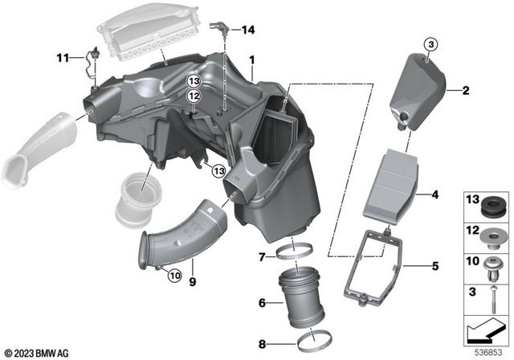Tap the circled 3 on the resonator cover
pyautogui.click(x=429, y=43)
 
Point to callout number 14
pyautogui.click(x=248, y=31)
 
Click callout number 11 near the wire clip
pyautogui.click(x=61, y=58)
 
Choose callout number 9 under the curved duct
pyautogui.click(x=193, y=281)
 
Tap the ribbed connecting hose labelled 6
pyautogui.click(x=301, y=303)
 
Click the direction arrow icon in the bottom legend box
pyautogui.click(x=484, y=328)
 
